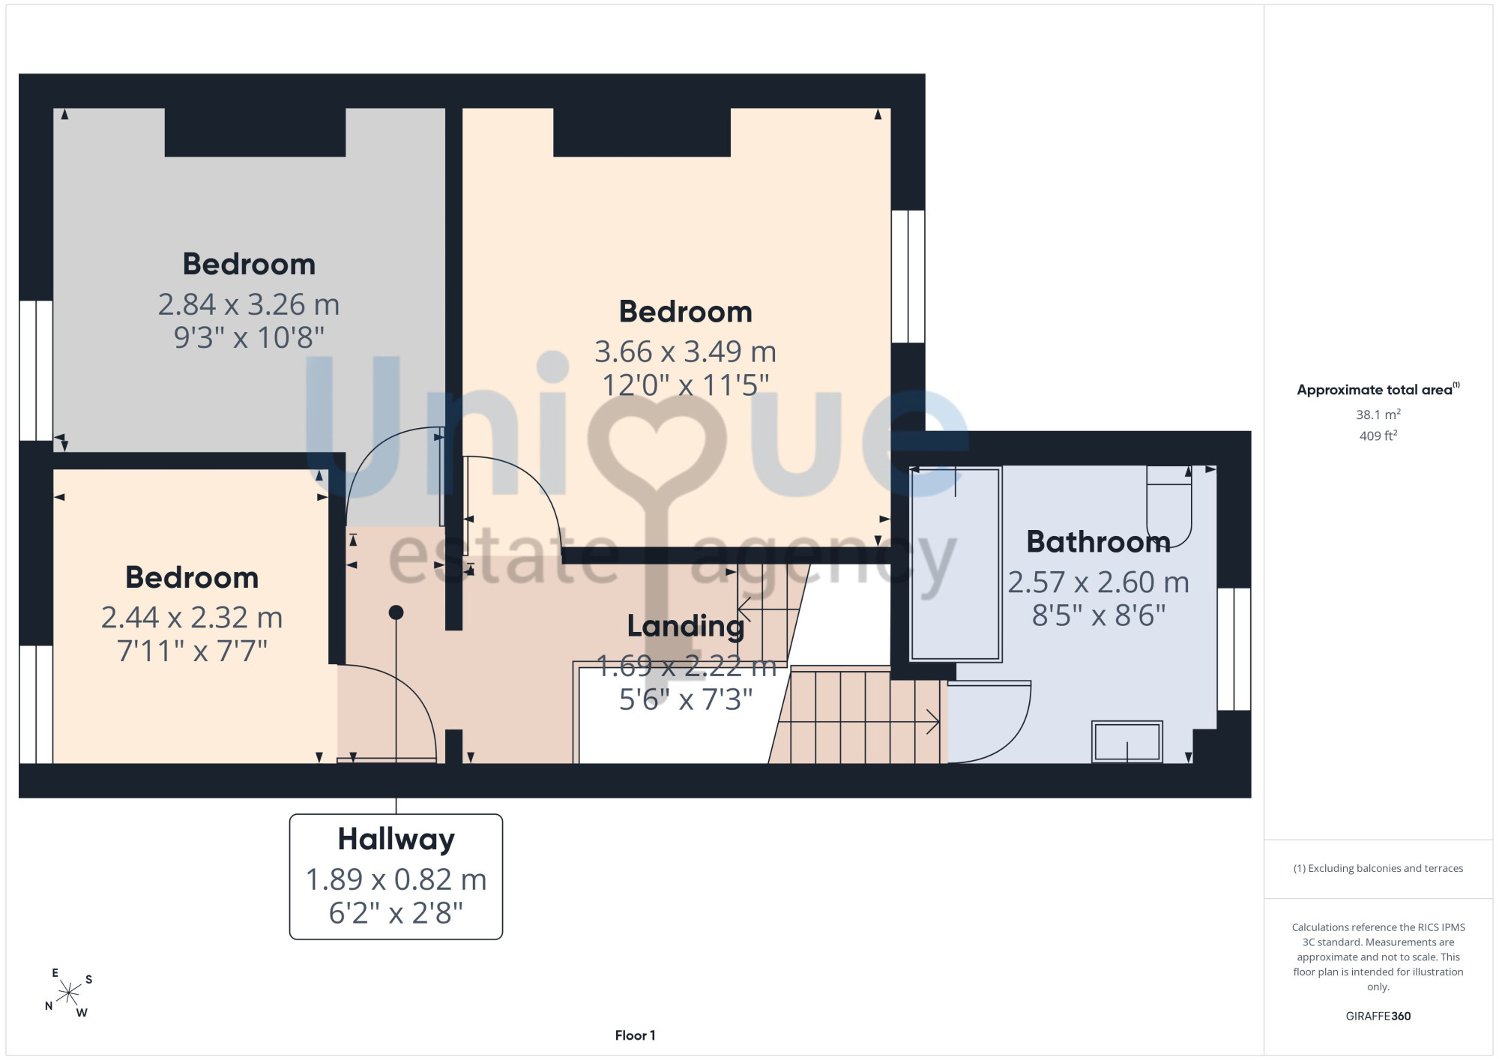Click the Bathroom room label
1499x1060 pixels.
pyautogui.click(x=1098, y=542)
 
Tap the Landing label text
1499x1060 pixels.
pyautogui.click(x=685, y=627)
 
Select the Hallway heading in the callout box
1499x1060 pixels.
pyautogui.click(x=396, y=840)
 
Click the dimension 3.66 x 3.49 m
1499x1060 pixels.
pyautogui.click(x=685, y=352)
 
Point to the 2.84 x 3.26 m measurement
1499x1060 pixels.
pyautogui.click(x=249, y=305)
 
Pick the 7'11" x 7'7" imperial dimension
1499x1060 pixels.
pyautogui.click(x=192, y=651)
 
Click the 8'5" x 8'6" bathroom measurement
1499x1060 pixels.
pyautogui.click(x=1098, y=616)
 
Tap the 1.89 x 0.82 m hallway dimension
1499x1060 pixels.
pyautogui.click(x=396, y=880)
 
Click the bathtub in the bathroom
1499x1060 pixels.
pyautogui.click(x=956, y=564)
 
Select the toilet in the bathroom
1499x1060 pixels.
pyautogui.click(x=1169, y=507)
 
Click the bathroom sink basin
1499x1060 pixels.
pyautogui.click(x=1126, y=741)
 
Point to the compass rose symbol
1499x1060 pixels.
pyautogui.click(x=69, y=993)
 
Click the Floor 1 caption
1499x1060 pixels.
pyautogui.click(x=635, y=1035)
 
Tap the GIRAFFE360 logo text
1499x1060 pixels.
pyautogui.click(x=1378, y=1017)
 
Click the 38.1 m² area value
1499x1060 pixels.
pyautogui.click(x=1378, y=415)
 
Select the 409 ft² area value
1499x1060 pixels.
pyautogui.click(x=1378, y=436)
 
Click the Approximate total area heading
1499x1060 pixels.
pyautogui.click(x=1378, y=389)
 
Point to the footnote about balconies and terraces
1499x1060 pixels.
pyautogui.click(x=1378, y=868)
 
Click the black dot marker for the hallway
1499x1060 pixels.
pyautogui.click(x=396, y=612)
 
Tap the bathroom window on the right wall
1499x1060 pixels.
pyautogui.click(x=1234, y=649)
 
